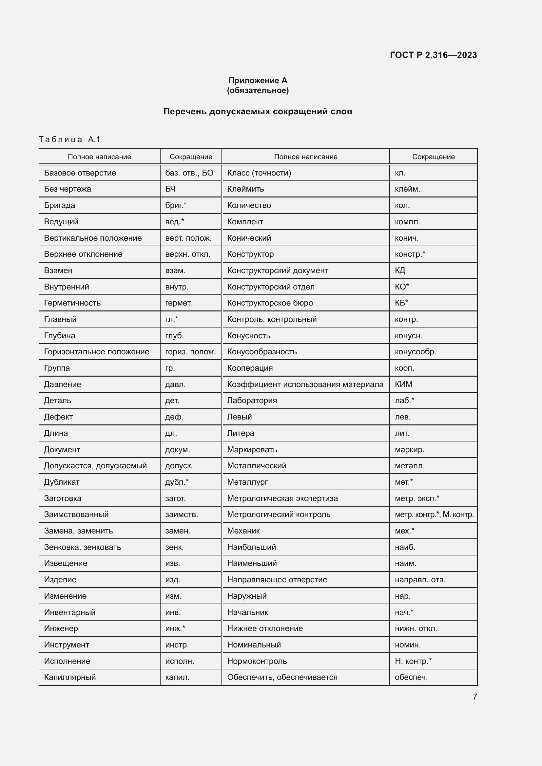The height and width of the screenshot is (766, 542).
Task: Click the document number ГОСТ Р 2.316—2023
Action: [433, 55]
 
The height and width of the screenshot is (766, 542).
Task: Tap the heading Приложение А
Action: [258, 81]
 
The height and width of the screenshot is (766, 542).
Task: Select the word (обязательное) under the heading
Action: [258, 90]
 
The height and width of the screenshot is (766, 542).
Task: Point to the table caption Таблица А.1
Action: [69, 140]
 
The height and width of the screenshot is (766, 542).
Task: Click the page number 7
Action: [474, 697]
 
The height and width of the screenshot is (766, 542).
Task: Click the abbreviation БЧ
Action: [170, 189]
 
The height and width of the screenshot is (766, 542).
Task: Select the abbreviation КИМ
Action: [403, 384]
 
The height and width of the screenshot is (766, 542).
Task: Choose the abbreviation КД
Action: [400, 271]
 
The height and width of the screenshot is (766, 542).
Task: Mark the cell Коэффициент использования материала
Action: [305, 384]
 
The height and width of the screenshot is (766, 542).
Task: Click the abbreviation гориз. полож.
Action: [191, 352]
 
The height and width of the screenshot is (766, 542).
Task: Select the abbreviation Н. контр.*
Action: [413, 661]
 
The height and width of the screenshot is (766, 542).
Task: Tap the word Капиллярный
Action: [70, 677]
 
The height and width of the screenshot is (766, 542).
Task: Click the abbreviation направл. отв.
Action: [420, 580]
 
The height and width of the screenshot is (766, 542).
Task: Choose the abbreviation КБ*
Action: [401, 303]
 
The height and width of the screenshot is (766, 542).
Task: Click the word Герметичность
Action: [72, 303]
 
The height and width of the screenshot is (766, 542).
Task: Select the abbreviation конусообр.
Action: [416, 352]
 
